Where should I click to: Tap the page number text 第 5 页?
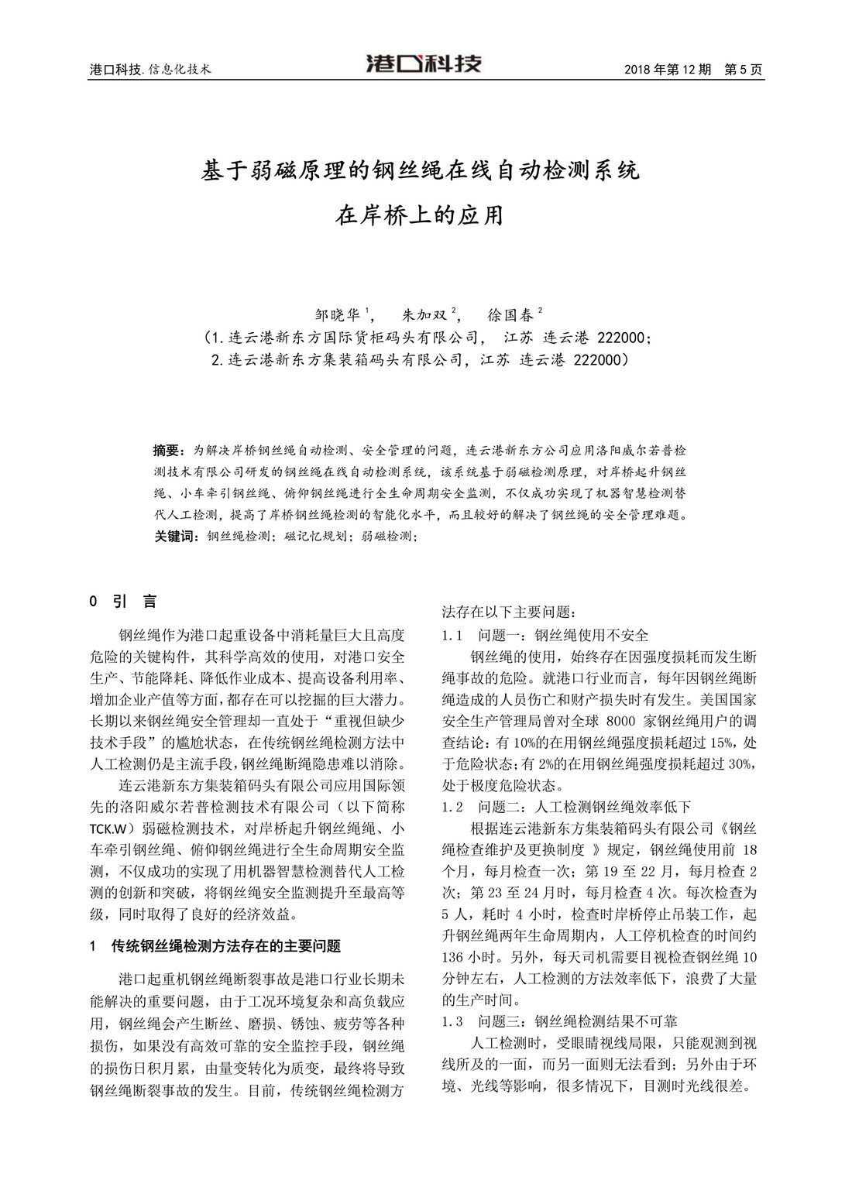(743, 69)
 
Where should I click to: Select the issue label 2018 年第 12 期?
(667, 69)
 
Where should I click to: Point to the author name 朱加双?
(426, 316)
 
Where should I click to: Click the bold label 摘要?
(167, 450)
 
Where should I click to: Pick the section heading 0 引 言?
(124, 602)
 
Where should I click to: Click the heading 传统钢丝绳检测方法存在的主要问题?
(226, 946)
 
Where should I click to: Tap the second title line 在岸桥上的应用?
(420, 214)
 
